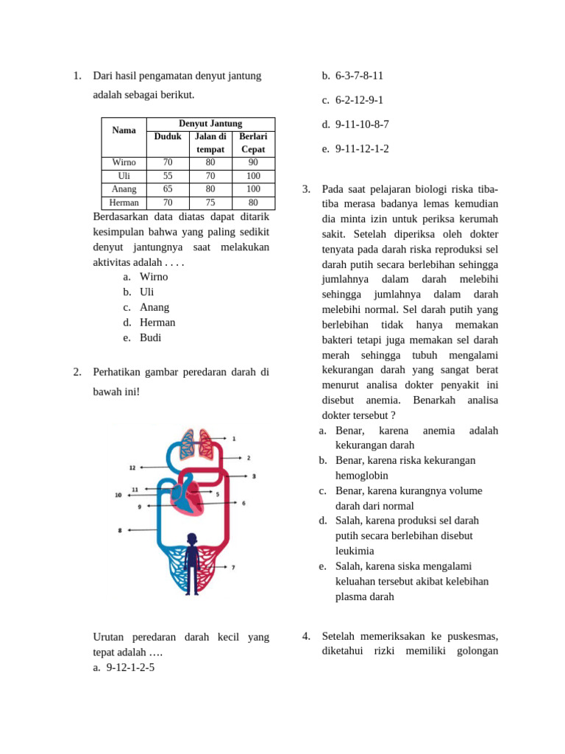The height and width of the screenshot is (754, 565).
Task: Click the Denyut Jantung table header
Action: (x=210, y=124)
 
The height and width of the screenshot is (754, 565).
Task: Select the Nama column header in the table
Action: (x=124, y=130)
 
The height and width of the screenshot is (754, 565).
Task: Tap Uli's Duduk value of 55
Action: (x=168, y=176)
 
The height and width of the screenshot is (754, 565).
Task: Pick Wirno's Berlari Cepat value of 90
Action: (x=253, y=162)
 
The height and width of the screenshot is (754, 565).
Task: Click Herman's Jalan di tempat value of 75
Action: (x=210, y=202)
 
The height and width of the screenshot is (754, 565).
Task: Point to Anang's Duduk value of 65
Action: (x=168, y=189)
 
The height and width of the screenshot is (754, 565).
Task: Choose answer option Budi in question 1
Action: (x=150, y=338)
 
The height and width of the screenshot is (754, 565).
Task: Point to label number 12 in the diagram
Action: (x=132, y=467)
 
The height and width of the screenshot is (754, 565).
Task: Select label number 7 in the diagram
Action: (x=233, y=568)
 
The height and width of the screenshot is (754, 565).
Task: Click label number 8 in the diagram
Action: (x=120, y=530)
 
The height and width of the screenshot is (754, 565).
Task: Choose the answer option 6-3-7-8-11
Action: (x=359, y=76)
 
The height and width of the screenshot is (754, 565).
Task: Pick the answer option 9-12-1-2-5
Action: (x=130, y=668)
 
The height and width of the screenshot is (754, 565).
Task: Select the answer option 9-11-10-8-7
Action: (x=362, y=124)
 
